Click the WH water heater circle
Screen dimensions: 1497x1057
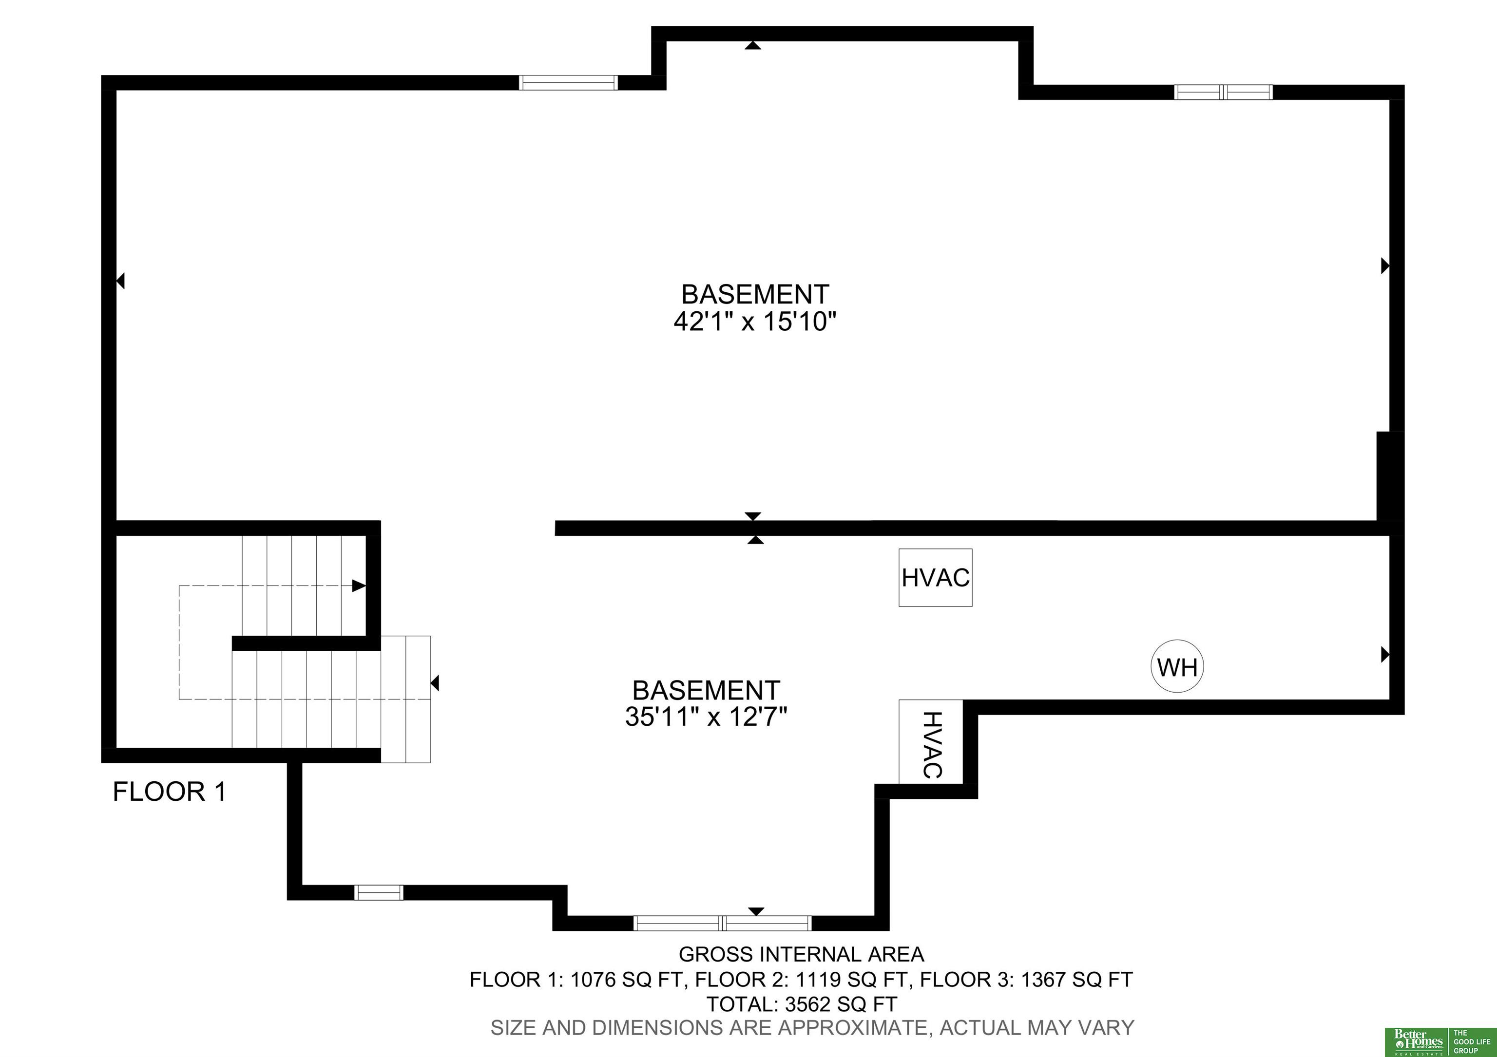[x=1177, y=666]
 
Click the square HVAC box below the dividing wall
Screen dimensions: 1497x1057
[x=936, y=577]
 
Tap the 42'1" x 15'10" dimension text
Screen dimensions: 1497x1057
[x=754, y=321]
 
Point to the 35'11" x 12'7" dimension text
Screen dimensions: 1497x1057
[x=706, y=717]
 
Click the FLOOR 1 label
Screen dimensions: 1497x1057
[x=170, y=792]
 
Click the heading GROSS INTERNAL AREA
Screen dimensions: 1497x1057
[x=801, y=954]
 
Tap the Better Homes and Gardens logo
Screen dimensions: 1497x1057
[x=1439, y=1041]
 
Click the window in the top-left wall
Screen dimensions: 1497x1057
[x=568, y=83]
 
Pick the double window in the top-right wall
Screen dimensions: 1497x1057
[x=1223, y=92]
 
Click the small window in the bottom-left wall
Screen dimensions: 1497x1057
[x=379, y=892]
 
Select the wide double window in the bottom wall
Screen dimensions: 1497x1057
[x=722, y=923]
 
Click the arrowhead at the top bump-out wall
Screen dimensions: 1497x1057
[x=753, y=45]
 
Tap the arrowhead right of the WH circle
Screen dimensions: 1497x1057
[x=1385, y=654]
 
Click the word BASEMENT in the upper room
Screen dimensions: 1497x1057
[x=755, y=295]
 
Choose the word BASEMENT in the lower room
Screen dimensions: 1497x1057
[x=706, y=690]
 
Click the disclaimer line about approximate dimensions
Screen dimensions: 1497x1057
[x=812, y=1028]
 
